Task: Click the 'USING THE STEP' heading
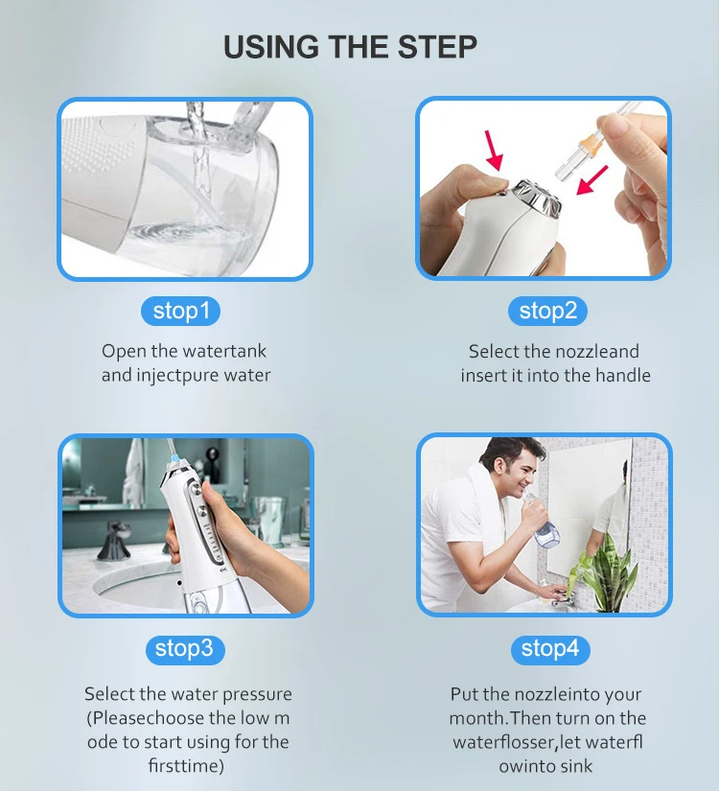[350, 47]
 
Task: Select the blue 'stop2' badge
[547, 311]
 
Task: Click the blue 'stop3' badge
[184, 649]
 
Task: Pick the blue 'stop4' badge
[549, 649]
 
